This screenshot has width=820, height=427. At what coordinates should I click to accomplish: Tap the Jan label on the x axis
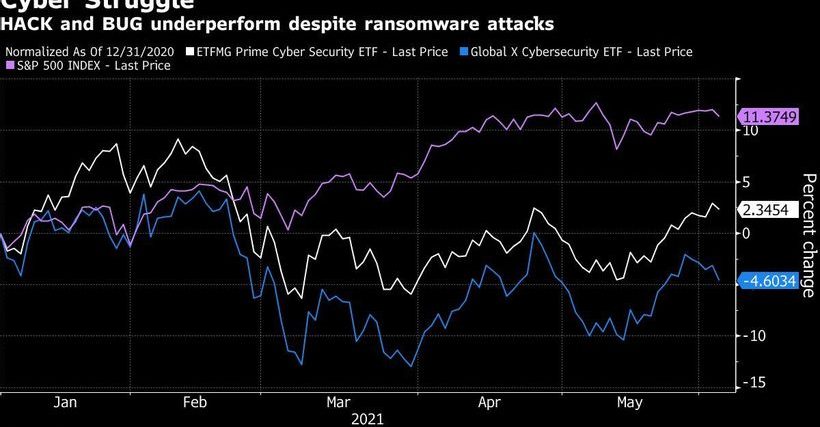pyautogui.click(x=65, y=402)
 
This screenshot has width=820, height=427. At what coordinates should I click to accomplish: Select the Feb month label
pyautogui.click(x=195, y=402)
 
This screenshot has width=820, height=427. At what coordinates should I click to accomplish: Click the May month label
pyautogui.click(x=628, y=402)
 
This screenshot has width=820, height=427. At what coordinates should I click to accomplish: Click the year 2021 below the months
pyautogui.click(x=366, y=419)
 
